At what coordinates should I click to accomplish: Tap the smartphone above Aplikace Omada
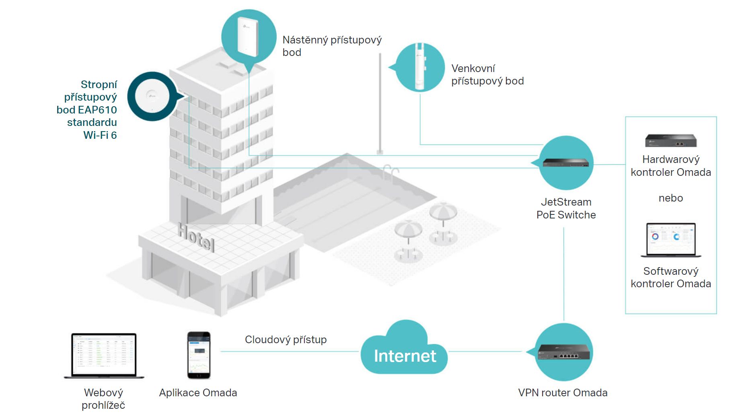(x=199, y=355)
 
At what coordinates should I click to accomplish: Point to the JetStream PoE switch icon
(x=565, y=163)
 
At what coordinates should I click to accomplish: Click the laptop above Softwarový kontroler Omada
(x=671, y=240)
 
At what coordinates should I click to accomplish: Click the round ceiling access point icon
(x=152, y=97)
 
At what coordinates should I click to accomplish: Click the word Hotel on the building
(x=196, y=237)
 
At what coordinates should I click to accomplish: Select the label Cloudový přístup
(x=286, y=340)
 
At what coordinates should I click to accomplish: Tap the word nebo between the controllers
(x=671, y=198)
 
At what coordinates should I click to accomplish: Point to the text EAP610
(x=97, y=110)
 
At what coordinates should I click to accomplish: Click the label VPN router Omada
(x=563, y=393)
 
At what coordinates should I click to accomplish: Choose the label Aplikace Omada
(x=198, y=393)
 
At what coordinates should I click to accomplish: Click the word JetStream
(x=566, y=202)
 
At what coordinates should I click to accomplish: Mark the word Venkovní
(x=473, y=68)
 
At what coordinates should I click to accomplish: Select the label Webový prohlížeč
(x=103, y=399)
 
